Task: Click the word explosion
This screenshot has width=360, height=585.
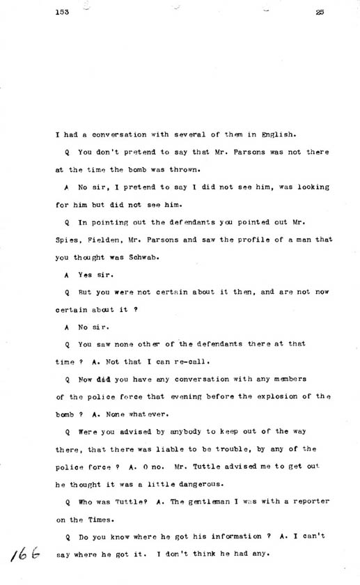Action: pos(266,396)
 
